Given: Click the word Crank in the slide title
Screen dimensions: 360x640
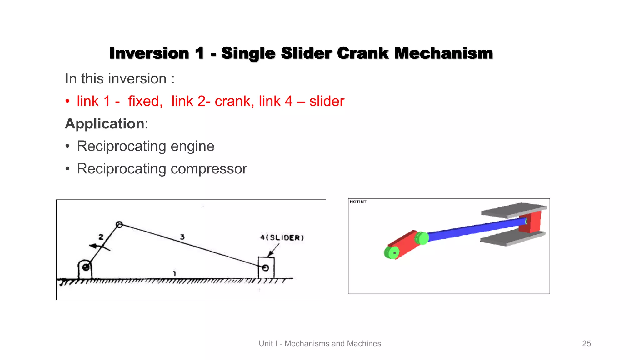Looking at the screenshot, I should click(362, 53).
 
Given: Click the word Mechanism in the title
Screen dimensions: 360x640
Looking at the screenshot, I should click(443, 53).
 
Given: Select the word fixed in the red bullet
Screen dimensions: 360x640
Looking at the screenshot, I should click(145, 101).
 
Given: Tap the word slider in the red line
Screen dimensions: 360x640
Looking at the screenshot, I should click(327, 101).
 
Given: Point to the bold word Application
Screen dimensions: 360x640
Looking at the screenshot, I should click(105, 124).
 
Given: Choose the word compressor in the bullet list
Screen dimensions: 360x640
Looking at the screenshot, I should click(209, 169).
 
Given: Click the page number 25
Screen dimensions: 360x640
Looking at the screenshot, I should click(586, 343).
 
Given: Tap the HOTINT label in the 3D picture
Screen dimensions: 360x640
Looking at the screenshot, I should click(358, 202).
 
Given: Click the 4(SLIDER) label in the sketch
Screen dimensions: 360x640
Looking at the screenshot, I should click(282, 238).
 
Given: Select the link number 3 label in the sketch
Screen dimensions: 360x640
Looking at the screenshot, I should click(182, 237).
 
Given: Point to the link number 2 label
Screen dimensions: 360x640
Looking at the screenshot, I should click(101, 237).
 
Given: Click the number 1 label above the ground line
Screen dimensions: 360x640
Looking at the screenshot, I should click(174, 274).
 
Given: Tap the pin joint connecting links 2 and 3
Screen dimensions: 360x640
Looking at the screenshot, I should click(119, 225).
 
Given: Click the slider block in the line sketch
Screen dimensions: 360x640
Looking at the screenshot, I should click(266, 267).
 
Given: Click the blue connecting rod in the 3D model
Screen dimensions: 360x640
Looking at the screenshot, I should click(475, 230).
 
